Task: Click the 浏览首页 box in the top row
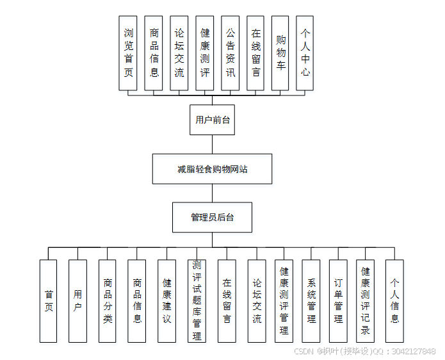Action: click(x=129, y=53)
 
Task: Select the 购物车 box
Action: click(x=280, y=53)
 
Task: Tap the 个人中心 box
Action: click(x=305, y=53)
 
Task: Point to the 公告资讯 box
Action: click(x=230, y=53)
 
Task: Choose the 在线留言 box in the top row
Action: click(x=255, y=53)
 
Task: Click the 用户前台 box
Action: click(x=212, y=120)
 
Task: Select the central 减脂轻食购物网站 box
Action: click(x=212, y=169)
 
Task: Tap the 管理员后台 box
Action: click(x=212, y=218)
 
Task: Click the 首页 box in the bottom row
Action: click(x=48, y=300)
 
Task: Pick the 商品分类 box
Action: click(x=108, y=300)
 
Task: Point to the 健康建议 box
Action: click(x=166, y=300)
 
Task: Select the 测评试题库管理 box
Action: click(x=197, y=300)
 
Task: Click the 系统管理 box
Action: click(x=311, y=300)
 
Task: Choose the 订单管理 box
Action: click(x=338, y=300)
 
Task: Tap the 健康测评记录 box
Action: click(x=365, y=300)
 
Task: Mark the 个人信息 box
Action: click(x=394, y=300)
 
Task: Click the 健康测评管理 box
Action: click(x=284, y=300)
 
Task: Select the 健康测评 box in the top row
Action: click(x=205, y=53)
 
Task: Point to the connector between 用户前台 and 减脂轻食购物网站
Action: click(x=212, y=144)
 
